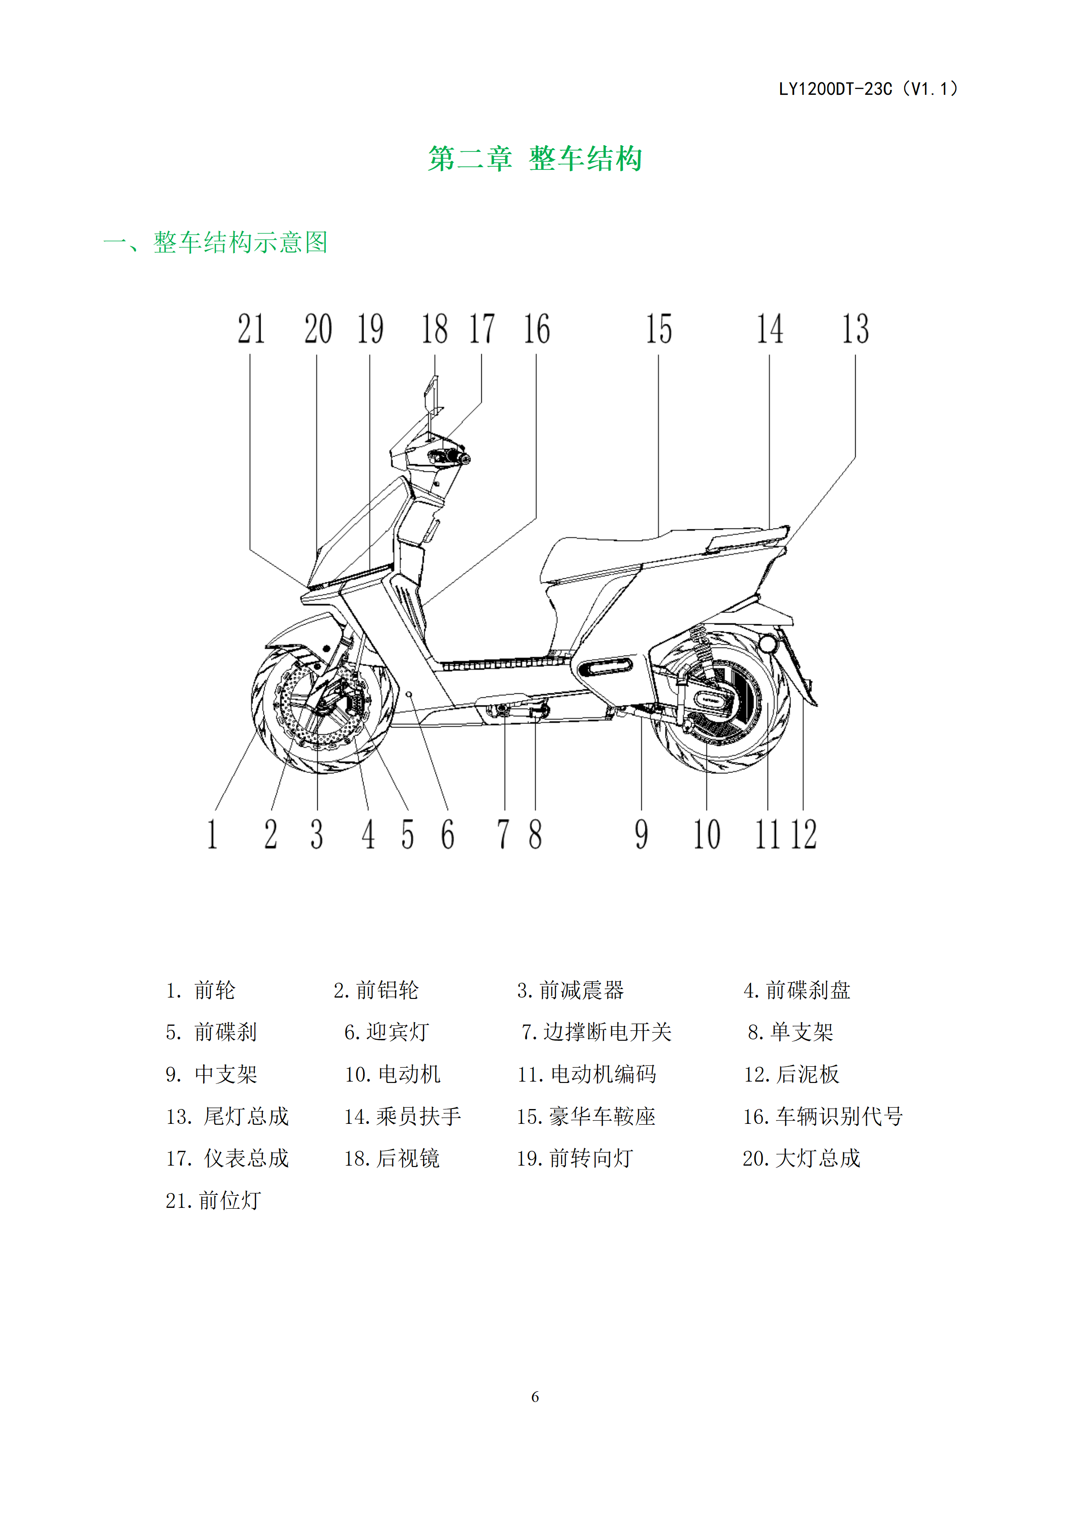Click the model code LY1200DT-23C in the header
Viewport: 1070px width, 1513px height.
835,89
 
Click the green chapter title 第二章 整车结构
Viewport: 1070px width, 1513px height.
535,159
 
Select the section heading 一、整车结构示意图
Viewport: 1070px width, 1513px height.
215,243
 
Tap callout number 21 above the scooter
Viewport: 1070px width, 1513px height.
251,329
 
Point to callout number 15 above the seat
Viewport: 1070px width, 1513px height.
659,329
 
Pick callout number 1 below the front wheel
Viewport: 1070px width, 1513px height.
212,834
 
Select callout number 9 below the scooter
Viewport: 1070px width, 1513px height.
641,834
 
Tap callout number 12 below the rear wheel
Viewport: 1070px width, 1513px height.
804,834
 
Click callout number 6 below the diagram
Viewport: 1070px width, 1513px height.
448,834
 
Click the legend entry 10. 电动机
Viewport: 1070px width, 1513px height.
393,1074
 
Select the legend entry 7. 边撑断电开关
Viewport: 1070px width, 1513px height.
596,1032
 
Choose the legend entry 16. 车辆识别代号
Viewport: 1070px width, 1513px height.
823,1116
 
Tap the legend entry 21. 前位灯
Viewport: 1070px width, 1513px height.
213,1201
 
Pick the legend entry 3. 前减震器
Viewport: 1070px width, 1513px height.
571,990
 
